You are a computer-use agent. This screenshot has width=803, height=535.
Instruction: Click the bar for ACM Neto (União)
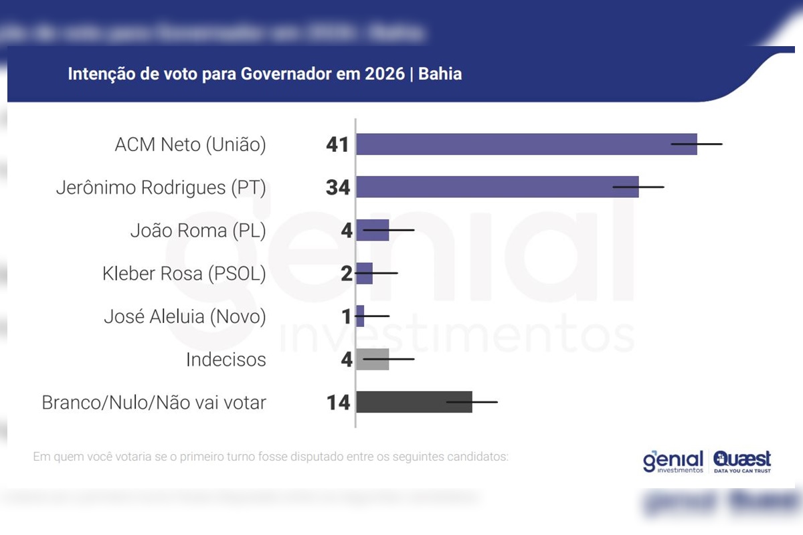click(526, 144)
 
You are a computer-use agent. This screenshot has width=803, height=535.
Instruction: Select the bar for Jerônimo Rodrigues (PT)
click(497, 187)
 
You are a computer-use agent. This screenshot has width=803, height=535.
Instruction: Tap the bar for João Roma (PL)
click(372, 230)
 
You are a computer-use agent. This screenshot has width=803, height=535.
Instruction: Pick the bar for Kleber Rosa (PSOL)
click(364, 273)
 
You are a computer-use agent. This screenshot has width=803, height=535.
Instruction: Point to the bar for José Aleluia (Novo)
click(360, 316)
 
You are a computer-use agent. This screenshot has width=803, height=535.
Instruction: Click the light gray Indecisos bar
click(372, 359)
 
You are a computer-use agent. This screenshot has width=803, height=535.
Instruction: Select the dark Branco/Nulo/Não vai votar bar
click(414, 402)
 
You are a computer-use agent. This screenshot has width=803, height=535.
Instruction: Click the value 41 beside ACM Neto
click(338, 144)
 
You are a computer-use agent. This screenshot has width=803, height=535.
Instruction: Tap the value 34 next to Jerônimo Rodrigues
click(338, 187)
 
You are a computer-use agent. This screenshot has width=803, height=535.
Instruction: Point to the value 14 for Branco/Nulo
click(338, 403)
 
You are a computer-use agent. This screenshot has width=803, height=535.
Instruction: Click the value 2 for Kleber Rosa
click(346, 274)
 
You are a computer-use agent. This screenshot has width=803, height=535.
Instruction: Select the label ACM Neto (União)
click(190, 145)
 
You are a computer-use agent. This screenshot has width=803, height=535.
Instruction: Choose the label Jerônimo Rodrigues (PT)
click(161, 188)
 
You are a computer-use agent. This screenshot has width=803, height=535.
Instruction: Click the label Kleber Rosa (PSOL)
click(184, 274)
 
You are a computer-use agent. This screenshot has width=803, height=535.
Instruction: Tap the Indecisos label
click(226, 360)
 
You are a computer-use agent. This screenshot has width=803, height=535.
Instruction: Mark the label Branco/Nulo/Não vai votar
click(154, 403)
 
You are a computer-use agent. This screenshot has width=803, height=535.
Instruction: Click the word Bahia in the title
click(440, 74)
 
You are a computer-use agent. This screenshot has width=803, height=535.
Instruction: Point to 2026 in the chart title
click(385, 74)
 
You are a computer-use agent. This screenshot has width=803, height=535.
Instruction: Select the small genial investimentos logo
click(673, 461)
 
